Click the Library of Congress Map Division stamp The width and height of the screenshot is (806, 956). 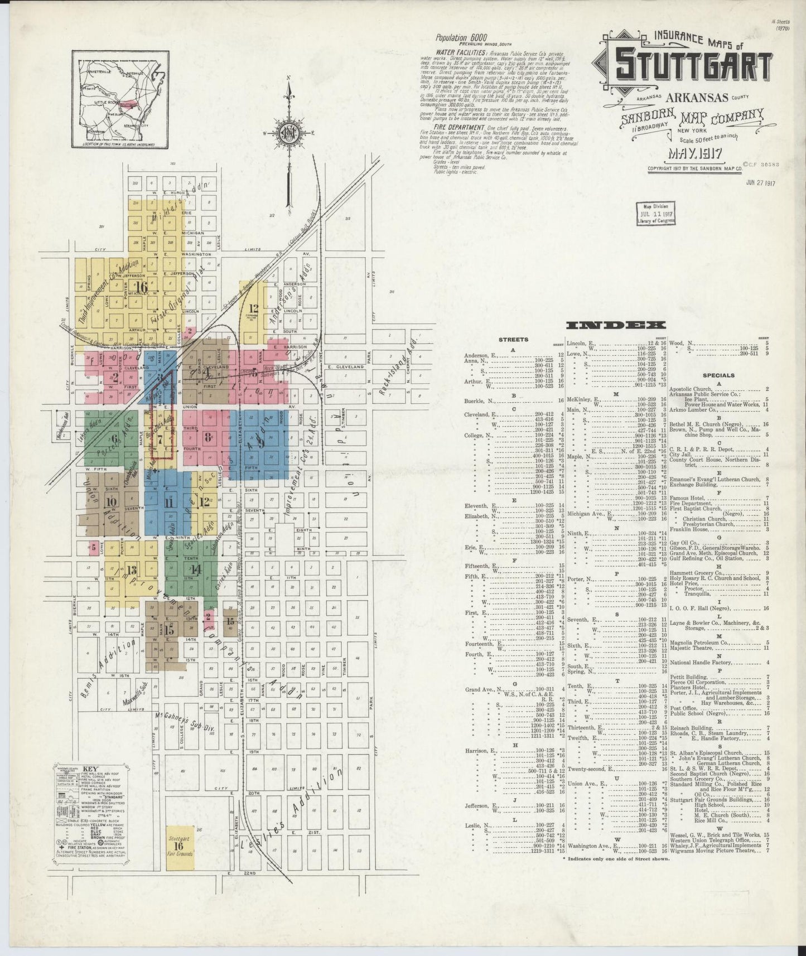point(655,213)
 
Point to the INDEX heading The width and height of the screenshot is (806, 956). point(615,325)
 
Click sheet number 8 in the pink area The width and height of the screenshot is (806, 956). point(207,437)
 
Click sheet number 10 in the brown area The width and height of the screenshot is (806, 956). point(110,501)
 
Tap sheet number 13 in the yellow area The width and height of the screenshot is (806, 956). point(132,570)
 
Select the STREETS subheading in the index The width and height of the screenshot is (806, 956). point(513,339)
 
